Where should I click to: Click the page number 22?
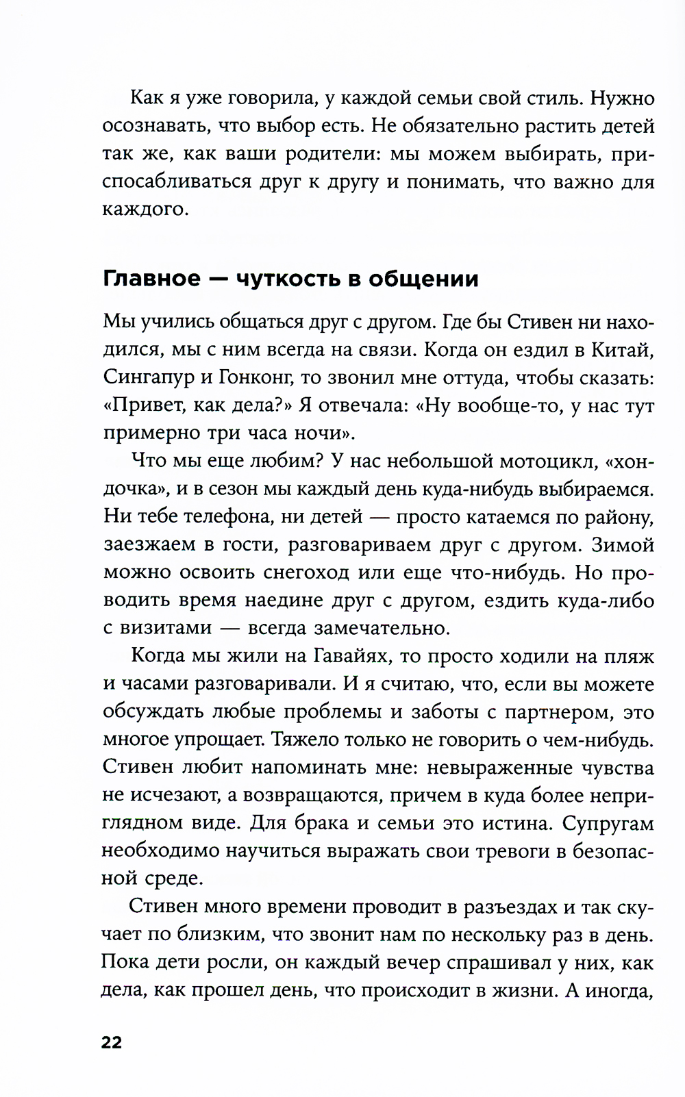112,1043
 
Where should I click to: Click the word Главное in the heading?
151,279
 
